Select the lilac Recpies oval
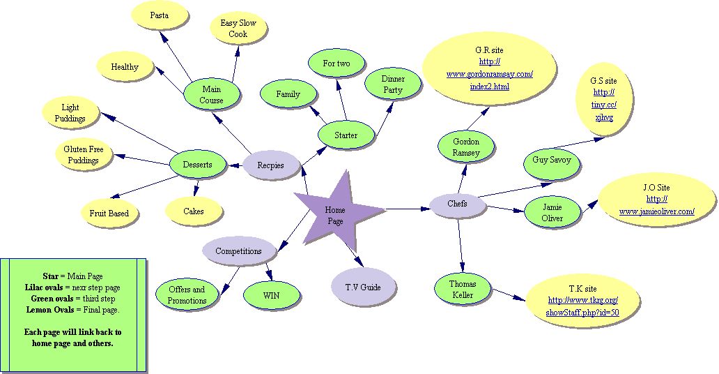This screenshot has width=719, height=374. (x=271, y=165)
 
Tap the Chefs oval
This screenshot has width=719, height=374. (x=457, y=204)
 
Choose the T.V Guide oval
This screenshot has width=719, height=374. (x=363, y=286)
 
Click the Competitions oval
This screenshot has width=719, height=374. (x=238, y=251)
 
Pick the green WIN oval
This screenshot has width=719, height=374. (x=271, y=295)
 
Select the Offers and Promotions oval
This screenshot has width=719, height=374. (x=187, y=295)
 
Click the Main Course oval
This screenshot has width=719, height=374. (x=212, y=95)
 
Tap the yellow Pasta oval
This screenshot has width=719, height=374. (x=159, y=15)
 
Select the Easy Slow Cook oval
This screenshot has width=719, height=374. (x=238, y=29)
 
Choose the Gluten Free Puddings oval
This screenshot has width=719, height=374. (x=83, y=155)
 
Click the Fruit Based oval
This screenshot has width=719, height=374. (x=109, y=213)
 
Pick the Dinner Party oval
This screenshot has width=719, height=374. (x=393, y=84)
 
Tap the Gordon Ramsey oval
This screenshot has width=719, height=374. (x=466, y=147)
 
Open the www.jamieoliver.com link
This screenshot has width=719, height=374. (x=656, y=211)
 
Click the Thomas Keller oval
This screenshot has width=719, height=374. (x=463, y=290)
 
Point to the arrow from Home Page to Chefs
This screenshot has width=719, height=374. (x=404, y=208)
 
